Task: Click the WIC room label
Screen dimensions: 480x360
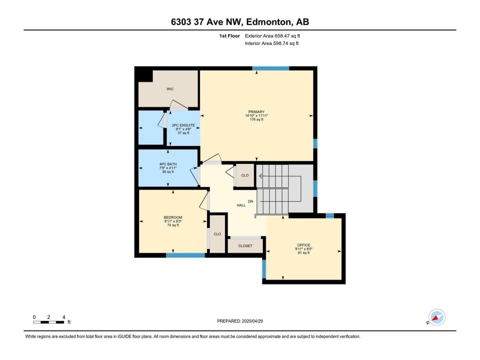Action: point(170,89)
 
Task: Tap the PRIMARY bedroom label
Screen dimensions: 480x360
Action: point(256,112)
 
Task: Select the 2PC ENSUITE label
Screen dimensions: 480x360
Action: point(183,125)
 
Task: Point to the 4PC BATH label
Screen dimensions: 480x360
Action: point(168,164)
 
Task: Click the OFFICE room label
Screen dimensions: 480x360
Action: point(303,245)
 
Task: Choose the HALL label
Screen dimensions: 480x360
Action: point(241,205)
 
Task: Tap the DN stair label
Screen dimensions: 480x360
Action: point(250,201)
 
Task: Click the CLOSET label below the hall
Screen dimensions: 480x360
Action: point(245,246)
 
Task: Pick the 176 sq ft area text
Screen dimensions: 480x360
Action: point(256,120)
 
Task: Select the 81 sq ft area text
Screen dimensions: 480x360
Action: point(303,253)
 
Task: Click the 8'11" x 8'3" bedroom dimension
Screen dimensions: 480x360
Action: point(173,221)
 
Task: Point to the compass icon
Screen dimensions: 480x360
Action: point(437,317)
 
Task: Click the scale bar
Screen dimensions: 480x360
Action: point(48,322)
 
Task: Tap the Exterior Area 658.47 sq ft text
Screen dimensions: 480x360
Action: point(273,36)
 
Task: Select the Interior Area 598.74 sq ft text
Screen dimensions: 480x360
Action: point(271,43)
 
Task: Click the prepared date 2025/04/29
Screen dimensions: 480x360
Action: point(252,321)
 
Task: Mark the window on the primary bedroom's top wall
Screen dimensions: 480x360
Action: point(271,68)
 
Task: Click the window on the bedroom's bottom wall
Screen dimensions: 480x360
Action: point(186,255)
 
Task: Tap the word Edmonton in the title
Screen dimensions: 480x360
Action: point(270,22)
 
